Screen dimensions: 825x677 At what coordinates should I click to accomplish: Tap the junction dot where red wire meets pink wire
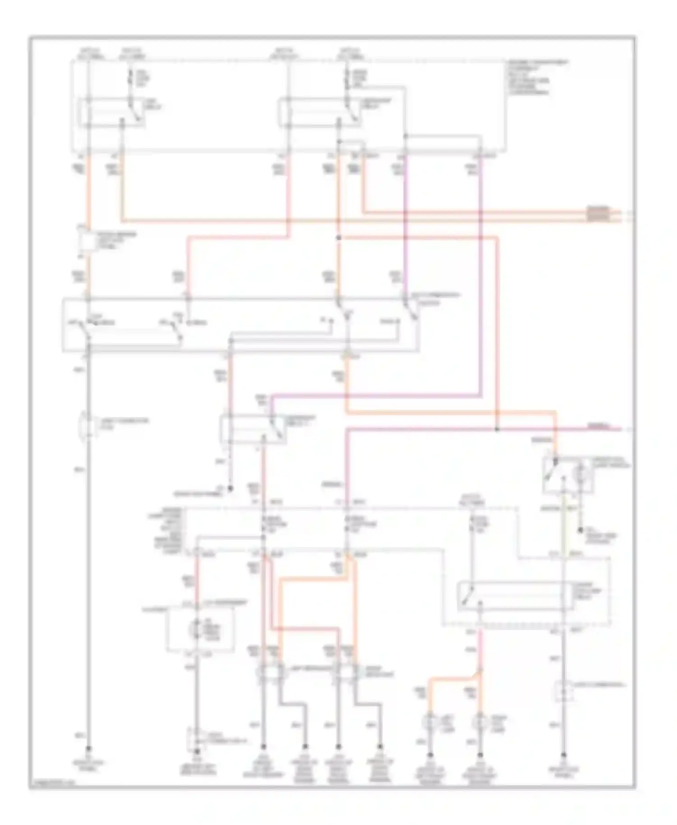pyautogui.click(x=497, y=429)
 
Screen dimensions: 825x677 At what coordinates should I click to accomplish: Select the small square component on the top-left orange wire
pyautogui.click(x=88, y=241)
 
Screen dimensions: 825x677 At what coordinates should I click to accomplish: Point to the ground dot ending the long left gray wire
pyautogui.click(x=88, y=748)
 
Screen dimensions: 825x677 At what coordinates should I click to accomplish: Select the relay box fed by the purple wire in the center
pyautogui.click(x=252, y=430)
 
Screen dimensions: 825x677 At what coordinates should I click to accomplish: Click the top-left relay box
pyautogui.click(x=111, y=111)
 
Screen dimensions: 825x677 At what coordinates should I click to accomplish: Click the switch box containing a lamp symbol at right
pyautogui.click(x=568, y=475)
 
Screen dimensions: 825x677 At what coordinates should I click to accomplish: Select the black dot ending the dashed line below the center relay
pyautogui.click(x=230, y=488)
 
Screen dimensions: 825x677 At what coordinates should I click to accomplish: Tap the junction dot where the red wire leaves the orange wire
pyautogui.click(x=339, y=238)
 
